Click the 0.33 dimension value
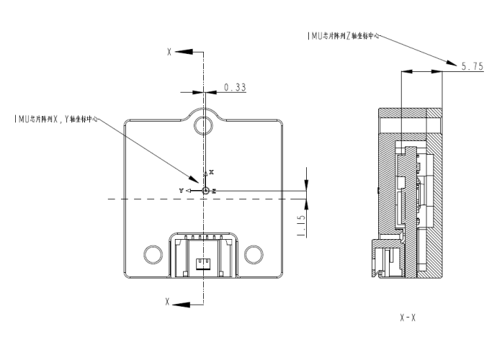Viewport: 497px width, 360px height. click(x=235, y=87)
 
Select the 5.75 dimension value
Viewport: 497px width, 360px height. click(x=472, y=66)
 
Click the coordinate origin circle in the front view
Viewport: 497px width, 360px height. click(x=205, y=190)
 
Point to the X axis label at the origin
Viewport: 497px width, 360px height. click(x=211, y=173)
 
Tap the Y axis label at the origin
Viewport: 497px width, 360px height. click(x=182, y=189)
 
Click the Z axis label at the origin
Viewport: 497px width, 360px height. click(x=214, y=190)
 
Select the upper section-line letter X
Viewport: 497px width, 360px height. click(x=169, y=53)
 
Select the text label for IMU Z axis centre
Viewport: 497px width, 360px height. click(x=342, y=33)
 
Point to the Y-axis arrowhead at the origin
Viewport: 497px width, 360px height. click(x=188, y=190)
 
